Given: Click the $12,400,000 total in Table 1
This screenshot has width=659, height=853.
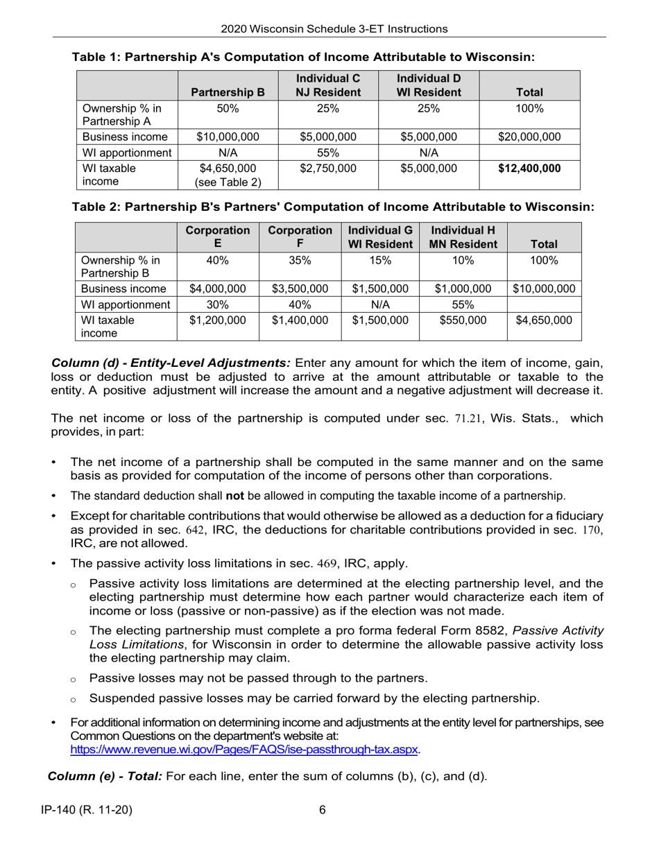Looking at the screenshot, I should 530,169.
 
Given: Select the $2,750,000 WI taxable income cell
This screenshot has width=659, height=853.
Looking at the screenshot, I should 327,169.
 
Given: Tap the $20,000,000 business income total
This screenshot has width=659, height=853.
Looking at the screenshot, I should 530,137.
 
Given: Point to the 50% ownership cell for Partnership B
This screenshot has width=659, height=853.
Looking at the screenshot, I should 228,108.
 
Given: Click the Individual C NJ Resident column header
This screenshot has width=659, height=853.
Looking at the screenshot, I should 327,85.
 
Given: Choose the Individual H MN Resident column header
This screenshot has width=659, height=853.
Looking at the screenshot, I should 463,237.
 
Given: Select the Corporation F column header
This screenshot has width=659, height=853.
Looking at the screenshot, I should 300,237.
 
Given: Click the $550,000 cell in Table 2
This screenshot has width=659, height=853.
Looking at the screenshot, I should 463,320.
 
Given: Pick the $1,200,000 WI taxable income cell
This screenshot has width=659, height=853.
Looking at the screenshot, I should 218,320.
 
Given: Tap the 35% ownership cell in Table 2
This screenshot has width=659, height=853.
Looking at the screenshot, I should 300,260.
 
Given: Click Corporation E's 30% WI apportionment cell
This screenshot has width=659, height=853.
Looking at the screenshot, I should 218,304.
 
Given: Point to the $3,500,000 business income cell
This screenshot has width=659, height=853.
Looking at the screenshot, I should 300,288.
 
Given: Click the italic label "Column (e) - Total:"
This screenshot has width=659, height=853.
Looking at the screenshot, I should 105,775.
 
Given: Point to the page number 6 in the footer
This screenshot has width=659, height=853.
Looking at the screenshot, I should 323,810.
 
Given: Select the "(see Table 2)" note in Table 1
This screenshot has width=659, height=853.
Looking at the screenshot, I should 228,182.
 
